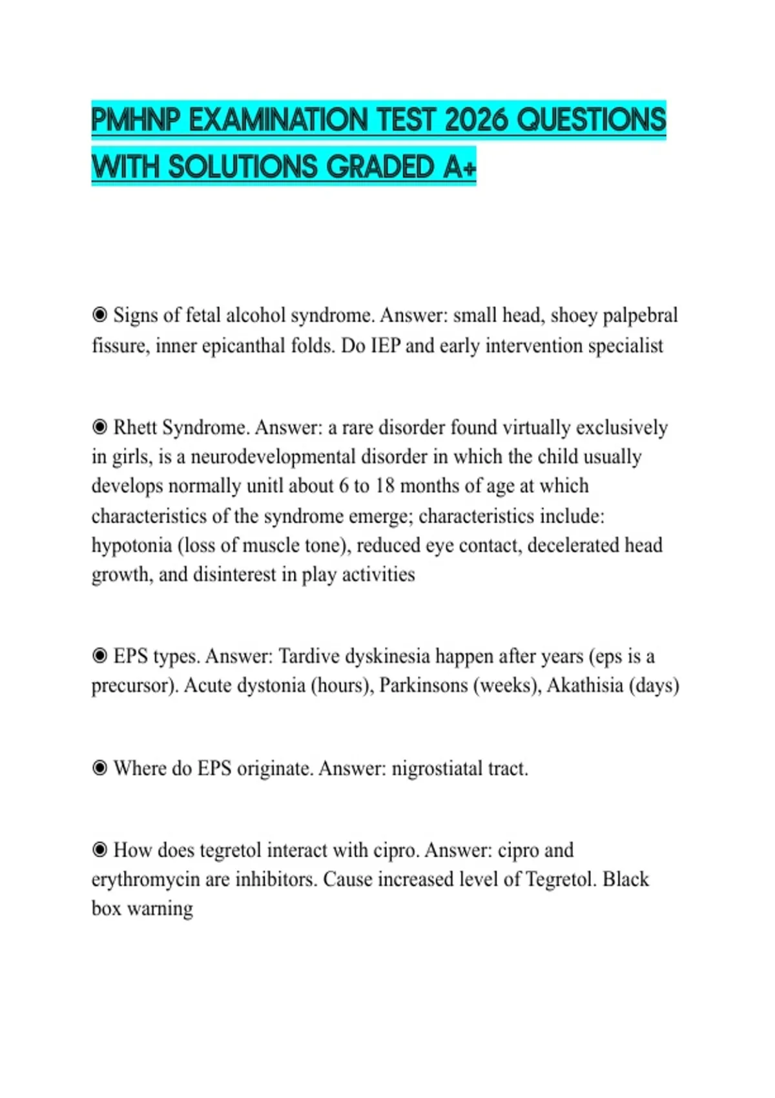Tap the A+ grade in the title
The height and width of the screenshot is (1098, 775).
pos(460,167)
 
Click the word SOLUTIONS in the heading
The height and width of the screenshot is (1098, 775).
pos(243,167)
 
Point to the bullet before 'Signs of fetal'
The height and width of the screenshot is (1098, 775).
pos(99,315)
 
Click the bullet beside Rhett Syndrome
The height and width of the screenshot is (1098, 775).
pos(99,427)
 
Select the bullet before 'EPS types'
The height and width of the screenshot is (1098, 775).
pos(99,656)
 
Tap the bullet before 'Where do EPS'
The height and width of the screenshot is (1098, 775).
pos(99,768)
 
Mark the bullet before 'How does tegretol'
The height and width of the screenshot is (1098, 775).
pos(99,850)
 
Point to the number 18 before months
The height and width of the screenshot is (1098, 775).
pos(384,486)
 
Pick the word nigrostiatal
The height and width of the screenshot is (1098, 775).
pos(437,769)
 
